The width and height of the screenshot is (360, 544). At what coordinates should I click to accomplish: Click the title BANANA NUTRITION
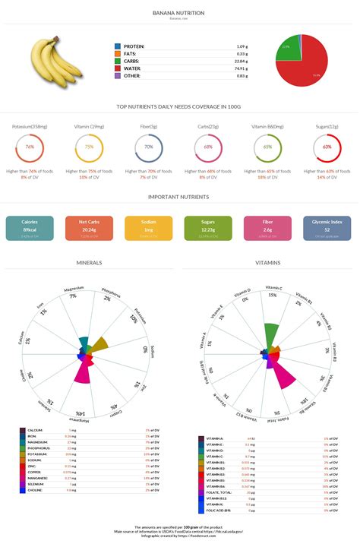coord(179,13)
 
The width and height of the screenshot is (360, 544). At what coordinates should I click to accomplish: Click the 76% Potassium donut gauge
coord(30,147)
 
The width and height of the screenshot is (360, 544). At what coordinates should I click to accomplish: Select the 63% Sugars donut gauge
coord(327,147)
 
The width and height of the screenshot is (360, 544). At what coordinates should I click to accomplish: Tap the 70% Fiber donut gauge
coord(150,147)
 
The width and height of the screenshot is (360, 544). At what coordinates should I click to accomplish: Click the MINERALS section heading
coord(90,263)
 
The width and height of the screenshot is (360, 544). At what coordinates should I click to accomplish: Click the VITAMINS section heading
coord(269,263)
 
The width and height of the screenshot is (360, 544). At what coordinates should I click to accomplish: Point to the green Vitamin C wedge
coord(271,335)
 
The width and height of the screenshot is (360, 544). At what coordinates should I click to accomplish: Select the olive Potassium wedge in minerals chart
coord(99,345)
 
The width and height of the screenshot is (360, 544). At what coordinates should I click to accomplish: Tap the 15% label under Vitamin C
coord(272,295)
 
